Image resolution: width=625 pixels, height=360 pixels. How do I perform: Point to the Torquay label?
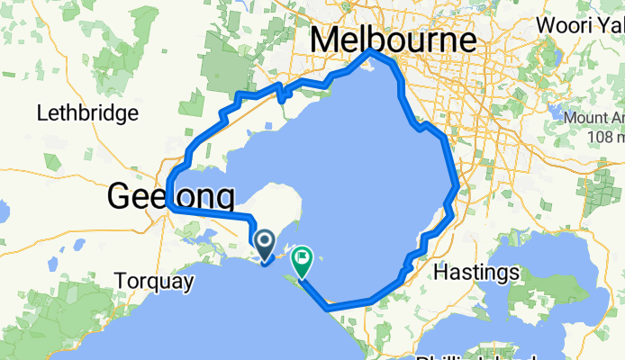[154, 282]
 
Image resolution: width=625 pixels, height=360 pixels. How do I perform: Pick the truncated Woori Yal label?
[579, 24]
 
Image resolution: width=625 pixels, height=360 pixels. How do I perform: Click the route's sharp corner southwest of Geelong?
[168, 206]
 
